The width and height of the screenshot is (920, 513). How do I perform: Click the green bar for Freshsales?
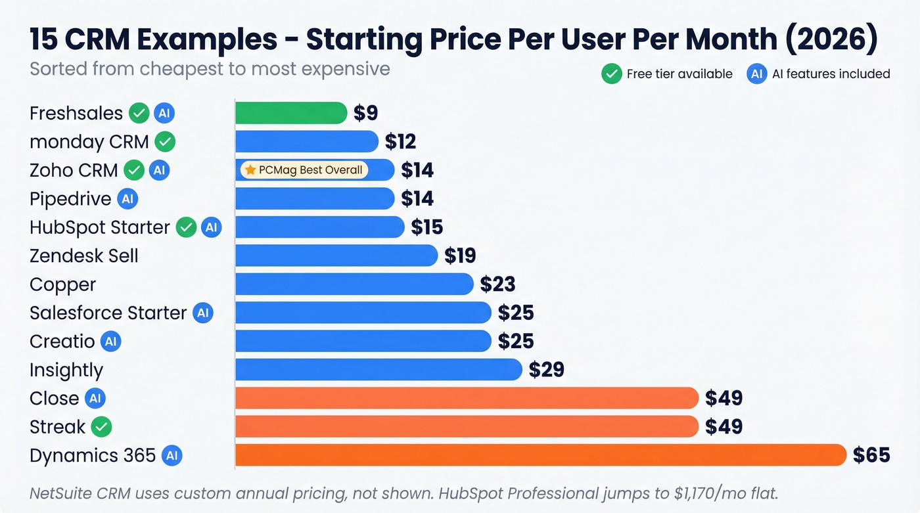pos(290,113)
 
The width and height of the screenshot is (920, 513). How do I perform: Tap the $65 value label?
pos(871,455)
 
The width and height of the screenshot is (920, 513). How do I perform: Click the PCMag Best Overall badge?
pos(304,170)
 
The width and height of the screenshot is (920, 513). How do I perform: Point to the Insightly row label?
pos(66,370)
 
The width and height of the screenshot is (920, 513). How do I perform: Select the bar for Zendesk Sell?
pos(336,256)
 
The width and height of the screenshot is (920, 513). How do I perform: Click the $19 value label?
pos(460,256)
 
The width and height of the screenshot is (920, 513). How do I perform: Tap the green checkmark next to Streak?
pos(101,427)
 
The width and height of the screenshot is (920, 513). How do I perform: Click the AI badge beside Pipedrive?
pos(127,198)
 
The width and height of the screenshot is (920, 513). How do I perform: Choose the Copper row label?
pos(63,284)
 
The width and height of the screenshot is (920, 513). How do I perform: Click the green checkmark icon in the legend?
pos(611,74)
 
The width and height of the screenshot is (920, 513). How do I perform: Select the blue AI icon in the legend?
pos(756,74)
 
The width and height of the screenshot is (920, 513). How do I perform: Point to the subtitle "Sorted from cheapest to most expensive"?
pos(210,69)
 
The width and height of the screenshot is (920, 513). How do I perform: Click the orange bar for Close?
pos(467,398)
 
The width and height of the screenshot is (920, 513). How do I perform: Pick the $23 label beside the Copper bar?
pos(497,284)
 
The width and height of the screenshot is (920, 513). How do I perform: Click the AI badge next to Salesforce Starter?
pos(203,313)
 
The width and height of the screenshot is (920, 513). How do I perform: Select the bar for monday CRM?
pos(306,141)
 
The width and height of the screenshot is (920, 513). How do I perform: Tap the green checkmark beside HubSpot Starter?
pos(187,227)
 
